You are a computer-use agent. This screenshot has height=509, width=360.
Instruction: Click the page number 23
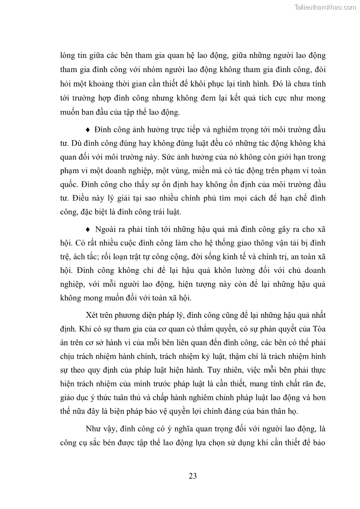[x=192, y=476]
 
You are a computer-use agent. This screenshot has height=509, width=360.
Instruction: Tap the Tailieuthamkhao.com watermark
[x=325, y=7]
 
